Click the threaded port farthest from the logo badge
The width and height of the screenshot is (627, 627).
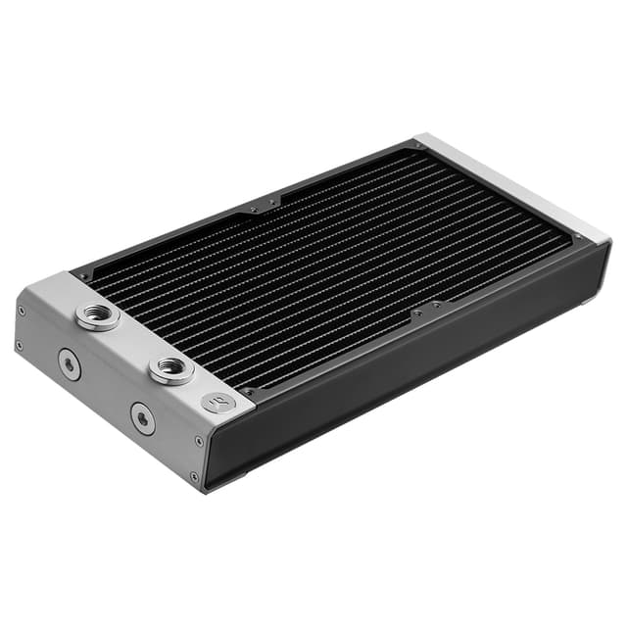[x=98, y=316]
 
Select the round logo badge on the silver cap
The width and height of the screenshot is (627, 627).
[x=217, y=402]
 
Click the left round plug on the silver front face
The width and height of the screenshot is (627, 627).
[x=69, y=364]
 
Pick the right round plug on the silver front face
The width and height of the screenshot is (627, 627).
[x=143, y=419]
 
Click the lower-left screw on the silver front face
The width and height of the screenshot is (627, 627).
[x=20, y=345]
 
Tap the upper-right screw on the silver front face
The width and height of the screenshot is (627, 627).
[x=199, y=442]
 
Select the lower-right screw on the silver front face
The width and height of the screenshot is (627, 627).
[x=193, y=477]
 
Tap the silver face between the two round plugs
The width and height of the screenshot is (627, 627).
[x=106, y=392]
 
